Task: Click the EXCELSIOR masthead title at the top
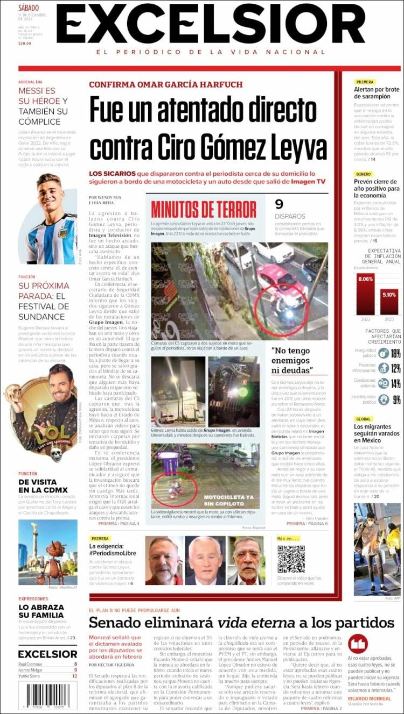click(x=211, y=24)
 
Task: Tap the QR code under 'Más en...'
click(x=291, y=559)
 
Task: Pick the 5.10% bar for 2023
click(x=389, y=301)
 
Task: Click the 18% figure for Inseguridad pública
click(x=396, y=353)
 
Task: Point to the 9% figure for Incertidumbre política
click(x=396, y=399)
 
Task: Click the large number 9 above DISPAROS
click(x=279, y=204)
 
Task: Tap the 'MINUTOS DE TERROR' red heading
click(x=204, y=209)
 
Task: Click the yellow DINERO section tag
click(x=363, y=174)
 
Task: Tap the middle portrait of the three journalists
click(x=205, y=561)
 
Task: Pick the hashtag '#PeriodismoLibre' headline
click(x=113, y=553)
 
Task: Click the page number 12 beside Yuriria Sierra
click(x=74, y=676)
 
